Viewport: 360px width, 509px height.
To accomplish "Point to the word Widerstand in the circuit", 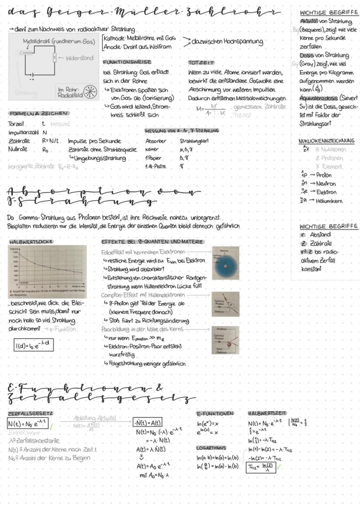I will [80, 58].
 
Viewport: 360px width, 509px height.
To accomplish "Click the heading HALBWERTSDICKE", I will [27, 241].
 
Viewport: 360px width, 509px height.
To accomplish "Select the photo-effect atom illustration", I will [225, 263].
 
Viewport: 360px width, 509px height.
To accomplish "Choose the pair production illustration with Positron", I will [225, 340].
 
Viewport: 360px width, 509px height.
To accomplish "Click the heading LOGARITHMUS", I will [212, 447].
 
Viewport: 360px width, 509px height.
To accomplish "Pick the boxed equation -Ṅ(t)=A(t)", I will [148, 422].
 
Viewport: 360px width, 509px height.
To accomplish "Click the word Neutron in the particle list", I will [323, 183].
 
